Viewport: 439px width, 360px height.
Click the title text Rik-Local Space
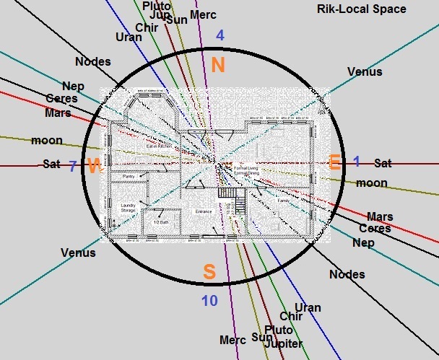[362, 9]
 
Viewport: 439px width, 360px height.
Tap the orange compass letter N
[219, 65]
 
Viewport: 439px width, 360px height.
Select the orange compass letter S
[209, 272]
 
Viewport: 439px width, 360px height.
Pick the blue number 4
[220, 35]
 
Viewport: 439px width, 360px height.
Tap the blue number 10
[209, 301]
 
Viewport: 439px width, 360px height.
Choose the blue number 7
[72, 165]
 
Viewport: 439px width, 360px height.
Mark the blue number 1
[356, 162]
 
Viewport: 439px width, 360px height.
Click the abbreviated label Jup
[160, 15]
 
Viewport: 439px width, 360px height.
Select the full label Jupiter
[283, 343]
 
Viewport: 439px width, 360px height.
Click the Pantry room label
[129, 177]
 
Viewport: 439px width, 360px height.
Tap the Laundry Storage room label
[129, 208]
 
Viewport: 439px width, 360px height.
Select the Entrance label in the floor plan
[204, 211]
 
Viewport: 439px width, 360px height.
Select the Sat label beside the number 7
[51, 164]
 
